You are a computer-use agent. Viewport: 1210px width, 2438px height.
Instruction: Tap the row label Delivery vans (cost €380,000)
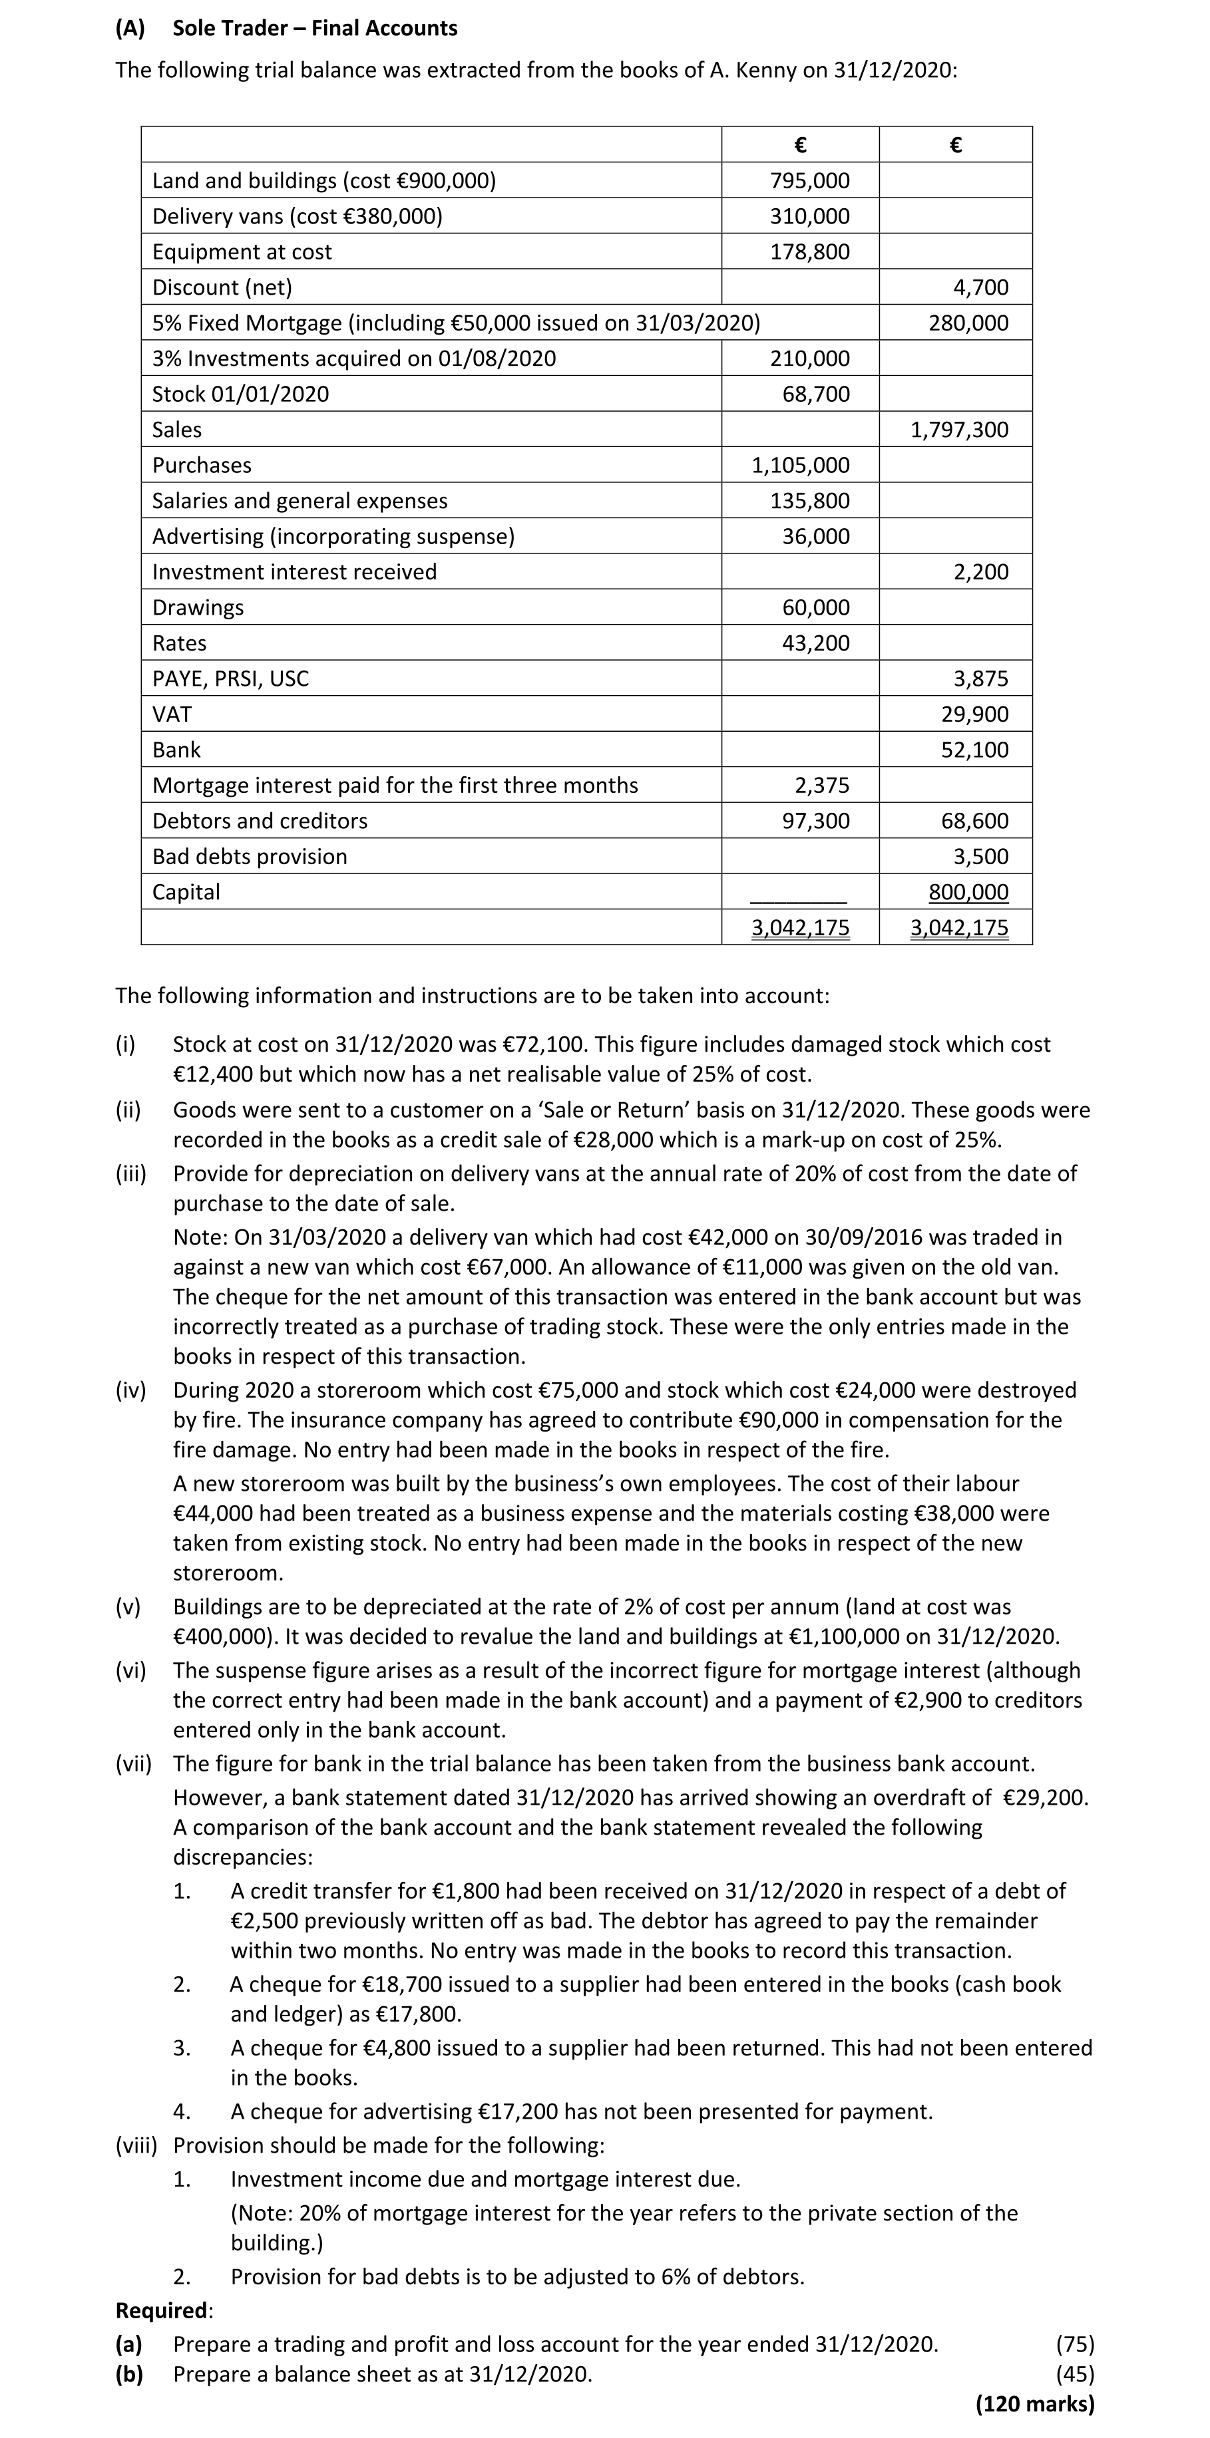pos(298,217)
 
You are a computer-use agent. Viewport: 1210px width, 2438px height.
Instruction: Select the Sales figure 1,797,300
pos(959,430)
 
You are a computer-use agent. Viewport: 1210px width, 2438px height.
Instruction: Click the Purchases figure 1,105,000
pos(800,466)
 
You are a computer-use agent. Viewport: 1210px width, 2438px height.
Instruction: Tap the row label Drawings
pos(198,607)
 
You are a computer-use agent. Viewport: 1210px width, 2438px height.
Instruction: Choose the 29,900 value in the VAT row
pos(974,714)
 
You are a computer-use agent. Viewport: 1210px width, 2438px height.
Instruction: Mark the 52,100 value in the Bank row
pos(974,750)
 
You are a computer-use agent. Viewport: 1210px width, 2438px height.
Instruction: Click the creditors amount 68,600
pos(974,822)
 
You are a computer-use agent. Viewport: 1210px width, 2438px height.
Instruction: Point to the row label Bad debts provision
pos(250,857)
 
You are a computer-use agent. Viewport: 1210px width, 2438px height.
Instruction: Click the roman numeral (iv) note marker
pos(130,1390)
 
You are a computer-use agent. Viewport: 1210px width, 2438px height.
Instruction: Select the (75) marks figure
pos(1075,2344)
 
